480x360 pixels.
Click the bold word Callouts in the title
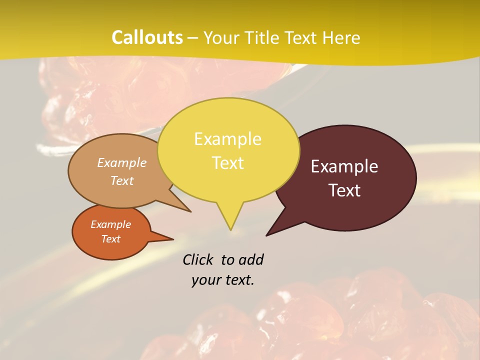147,37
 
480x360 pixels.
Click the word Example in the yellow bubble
227,139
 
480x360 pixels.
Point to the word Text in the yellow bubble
228,163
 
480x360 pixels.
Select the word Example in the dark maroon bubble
344,166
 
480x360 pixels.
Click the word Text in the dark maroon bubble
345,190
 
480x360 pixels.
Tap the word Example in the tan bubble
122,162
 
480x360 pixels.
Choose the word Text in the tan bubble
122,180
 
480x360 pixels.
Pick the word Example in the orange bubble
110,224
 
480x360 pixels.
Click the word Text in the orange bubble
110,239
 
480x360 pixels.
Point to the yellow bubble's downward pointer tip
230,229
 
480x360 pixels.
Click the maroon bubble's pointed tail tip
267,235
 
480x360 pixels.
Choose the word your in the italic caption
204,280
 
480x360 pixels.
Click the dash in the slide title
193,38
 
